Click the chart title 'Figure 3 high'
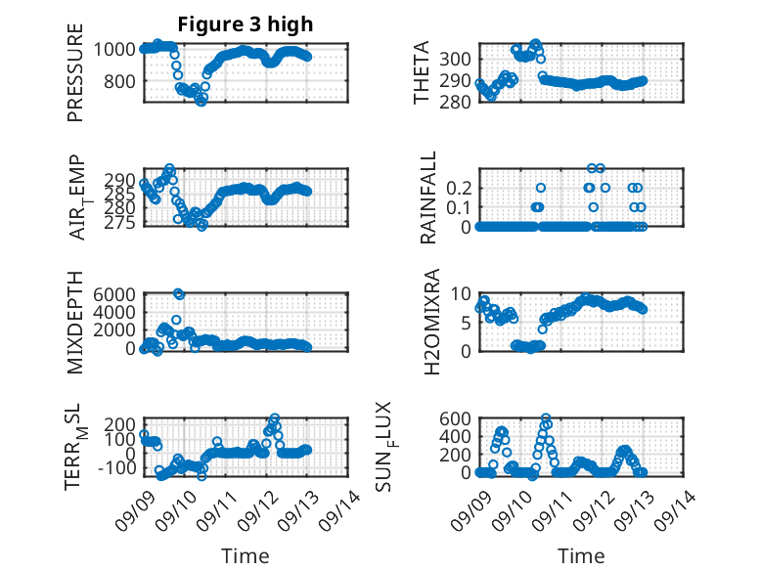tap(246, 24)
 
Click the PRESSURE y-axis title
tap(75, 72)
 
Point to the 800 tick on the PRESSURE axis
tap(119, 81)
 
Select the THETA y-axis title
tap(422, 72)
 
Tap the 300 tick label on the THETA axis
tap(455, 60)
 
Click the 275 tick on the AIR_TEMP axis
tap(119, 222)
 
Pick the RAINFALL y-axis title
tap(428, 197)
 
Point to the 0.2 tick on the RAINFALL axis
tap(459, 188)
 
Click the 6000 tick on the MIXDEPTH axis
tap(114, 294)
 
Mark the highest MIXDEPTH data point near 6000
tap(179, 294)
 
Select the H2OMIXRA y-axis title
tap(431, 322)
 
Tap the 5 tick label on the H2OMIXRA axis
tap(466, 323)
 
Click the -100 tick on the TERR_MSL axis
tap(116, 468)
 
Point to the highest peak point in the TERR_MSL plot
tap(275, 417)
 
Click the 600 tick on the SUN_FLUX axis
tap(455, 418)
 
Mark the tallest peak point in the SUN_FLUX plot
tap(546, 418)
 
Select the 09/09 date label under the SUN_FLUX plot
tap(471, 510)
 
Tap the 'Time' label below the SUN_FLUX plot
tap(581, 555)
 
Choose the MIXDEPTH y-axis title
tap(75, 323)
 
